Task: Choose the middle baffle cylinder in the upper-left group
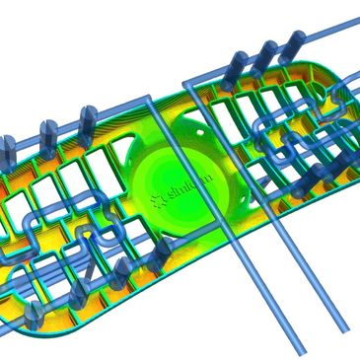tap(45, 131)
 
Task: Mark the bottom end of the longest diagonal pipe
tap(300, 346)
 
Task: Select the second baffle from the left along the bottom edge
tap(75, 296)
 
